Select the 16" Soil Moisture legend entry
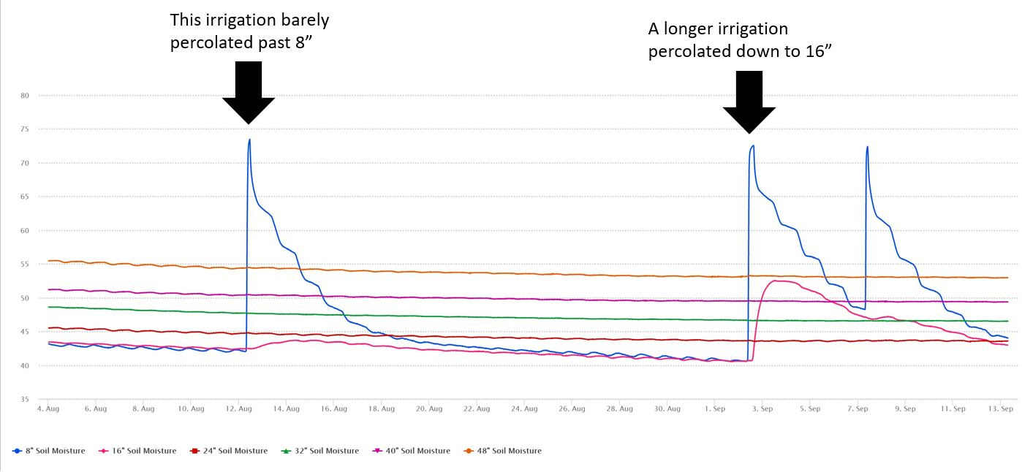click(x=140, y=451)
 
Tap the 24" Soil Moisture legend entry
click(x=231, y=451)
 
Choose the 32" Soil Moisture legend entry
click(x=322, y=451)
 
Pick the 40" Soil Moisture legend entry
click(x=414, y=451)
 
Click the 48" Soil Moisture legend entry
click(x=505, y=451)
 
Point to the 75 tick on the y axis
click(x=24, y=129)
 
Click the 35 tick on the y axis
click(x=24, y=400)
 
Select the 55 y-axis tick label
click(x=24, y=264)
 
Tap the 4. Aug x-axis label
click(x=48, y=409)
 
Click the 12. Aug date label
click(x=239, y=409)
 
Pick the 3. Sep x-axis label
click(x=762, y=409)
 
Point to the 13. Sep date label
click(x=1001, y=409)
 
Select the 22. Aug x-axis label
click(x=477, y=409)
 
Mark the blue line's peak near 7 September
click(x=867, y=147)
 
